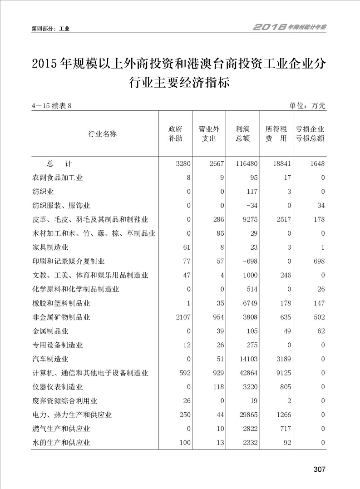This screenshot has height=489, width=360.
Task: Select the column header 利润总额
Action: (243, 133)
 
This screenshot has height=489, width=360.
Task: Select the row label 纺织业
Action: (43, 192)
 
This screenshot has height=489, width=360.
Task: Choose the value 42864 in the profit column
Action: (248, 373)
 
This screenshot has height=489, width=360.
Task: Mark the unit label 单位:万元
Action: (307, 106)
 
